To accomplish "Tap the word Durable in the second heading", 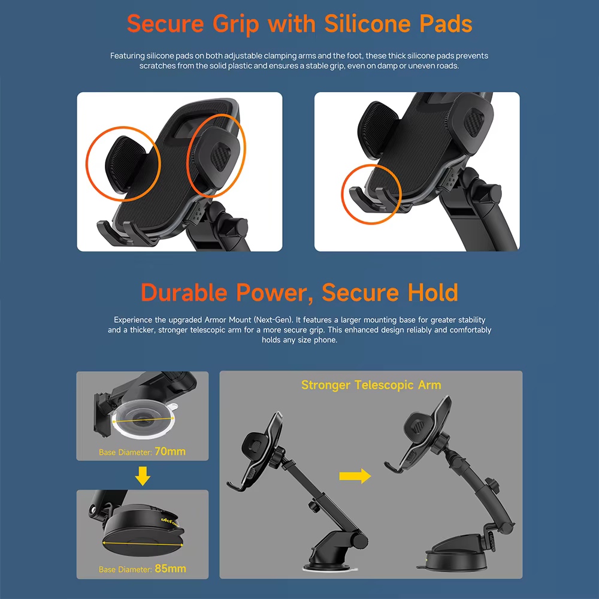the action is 184,293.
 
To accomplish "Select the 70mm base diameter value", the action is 170,452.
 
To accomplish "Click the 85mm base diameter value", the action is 170,569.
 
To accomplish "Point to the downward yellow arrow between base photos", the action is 143,476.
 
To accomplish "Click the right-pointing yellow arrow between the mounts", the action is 355,476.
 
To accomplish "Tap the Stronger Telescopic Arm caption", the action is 371,385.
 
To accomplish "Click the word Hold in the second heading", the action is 433,293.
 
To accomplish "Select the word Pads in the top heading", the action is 446,24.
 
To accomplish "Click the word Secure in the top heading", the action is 165,24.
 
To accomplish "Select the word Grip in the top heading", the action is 235,25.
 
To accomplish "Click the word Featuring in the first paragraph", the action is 128,56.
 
